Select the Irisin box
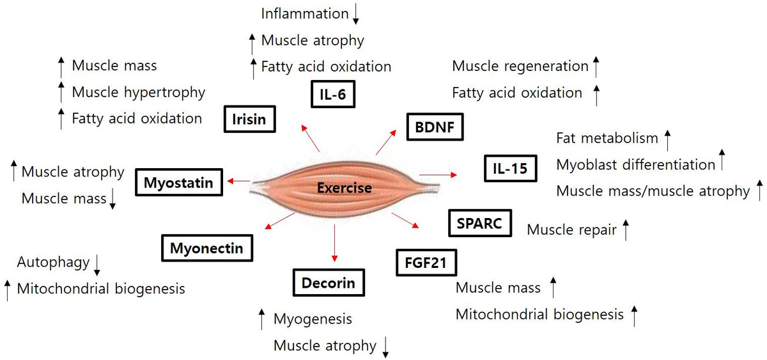[249, 119]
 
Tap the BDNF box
[435, 126]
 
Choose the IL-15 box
[509, 168]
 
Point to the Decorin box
[328, 282]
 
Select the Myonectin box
[206, 247]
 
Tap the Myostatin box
[178, 183]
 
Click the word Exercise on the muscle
[344, 188]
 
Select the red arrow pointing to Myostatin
[239, 182]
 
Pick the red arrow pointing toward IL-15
[438, 175]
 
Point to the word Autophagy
[52, 262]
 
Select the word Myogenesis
[313, 318]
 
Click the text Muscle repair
[571, 229]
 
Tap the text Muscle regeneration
[520, 66]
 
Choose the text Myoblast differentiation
[635, 164]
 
